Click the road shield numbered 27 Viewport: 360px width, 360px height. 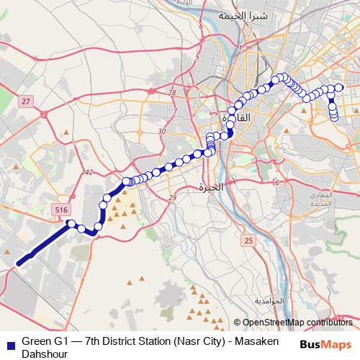[26, 102]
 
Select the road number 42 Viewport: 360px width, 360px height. [89, 172]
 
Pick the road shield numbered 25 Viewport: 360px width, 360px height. [249, 240]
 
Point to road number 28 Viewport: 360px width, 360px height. [171, 93]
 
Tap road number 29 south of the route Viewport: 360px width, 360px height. [171, 198]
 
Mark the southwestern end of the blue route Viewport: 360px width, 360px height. [18, 264]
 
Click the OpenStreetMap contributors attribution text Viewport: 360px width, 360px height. [297, 323]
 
